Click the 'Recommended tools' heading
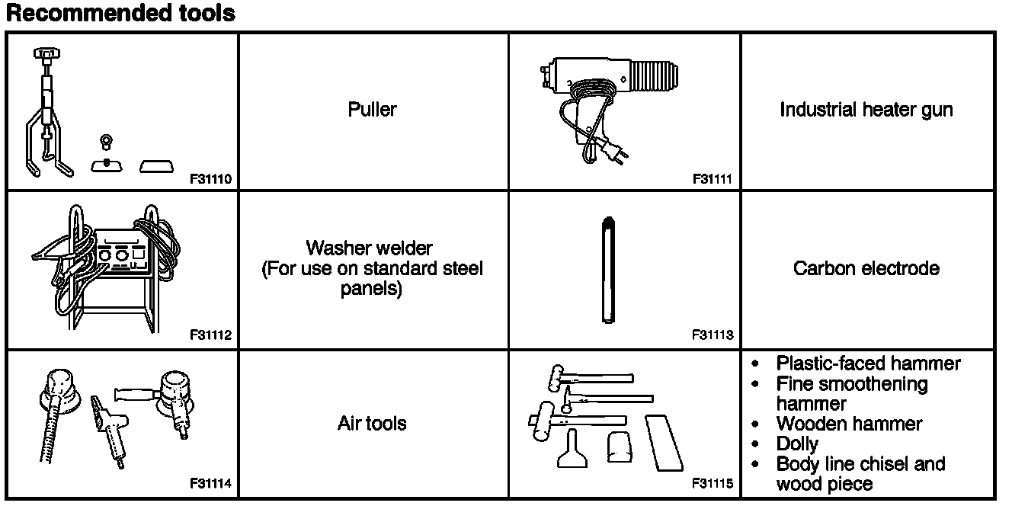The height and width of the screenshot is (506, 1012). (120, 13)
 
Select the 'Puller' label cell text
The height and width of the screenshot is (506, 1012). (372, 110)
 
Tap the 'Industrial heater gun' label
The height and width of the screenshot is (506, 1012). (866, 110)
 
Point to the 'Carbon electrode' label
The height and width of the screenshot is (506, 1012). (866, 268)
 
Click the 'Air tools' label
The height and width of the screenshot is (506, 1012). (372, 424)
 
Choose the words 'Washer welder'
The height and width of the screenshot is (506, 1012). (369, 248)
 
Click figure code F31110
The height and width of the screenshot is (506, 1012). (213, 180)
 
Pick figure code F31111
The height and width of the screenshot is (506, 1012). (712, 180)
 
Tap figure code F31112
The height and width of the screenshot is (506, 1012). (213, 335)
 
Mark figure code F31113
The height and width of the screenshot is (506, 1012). (712, 335)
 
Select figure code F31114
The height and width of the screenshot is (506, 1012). (213, 484)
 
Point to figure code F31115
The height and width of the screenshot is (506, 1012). (712, 484)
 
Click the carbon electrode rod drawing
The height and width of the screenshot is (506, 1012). (607, 269)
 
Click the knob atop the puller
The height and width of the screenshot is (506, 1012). (47, 53)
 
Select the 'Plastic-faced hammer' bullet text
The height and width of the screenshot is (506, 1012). (868, 363)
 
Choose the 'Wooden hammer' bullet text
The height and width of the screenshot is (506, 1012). (849, 424)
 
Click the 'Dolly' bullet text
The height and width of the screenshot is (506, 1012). (797, 444)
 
